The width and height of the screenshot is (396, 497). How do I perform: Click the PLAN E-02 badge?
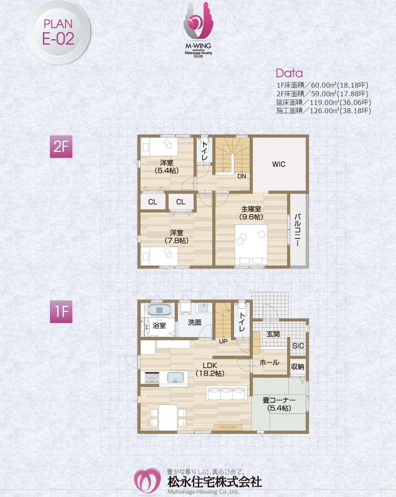point(58,33)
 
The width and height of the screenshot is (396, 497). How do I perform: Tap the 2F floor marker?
point(61,146)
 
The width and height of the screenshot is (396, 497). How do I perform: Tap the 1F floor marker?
point(61,312)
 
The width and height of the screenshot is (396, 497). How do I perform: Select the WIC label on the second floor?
point(278,164)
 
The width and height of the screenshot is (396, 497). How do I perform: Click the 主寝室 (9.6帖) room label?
point(251,213)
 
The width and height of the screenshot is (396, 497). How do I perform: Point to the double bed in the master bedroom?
point(251,244)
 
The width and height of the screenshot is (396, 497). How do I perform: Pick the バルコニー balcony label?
point(297,230)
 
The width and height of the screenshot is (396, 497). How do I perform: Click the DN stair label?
point(242,176)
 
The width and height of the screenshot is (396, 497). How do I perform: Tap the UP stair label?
point(223,341)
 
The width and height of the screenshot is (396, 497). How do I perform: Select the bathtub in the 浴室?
point(160,309)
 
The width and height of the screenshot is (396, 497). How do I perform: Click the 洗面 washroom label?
point(195,322)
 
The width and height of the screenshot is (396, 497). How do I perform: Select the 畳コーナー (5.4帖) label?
point(279,404)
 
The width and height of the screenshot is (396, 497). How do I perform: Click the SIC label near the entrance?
point(298,346)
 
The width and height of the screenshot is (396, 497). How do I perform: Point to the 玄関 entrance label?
point(273,334)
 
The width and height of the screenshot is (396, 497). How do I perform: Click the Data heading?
point(289,73)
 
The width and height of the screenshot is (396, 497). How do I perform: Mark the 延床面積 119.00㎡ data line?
point(323,102)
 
